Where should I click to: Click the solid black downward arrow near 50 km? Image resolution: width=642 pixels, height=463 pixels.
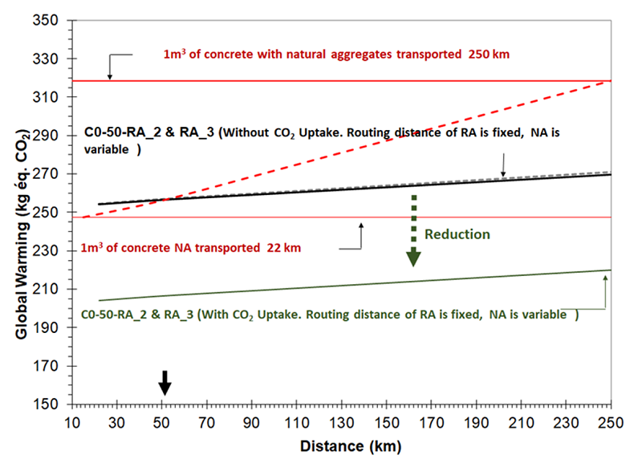click(165, 383)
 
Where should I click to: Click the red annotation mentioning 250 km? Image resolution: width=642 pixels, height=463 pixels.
click(337, 55)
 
